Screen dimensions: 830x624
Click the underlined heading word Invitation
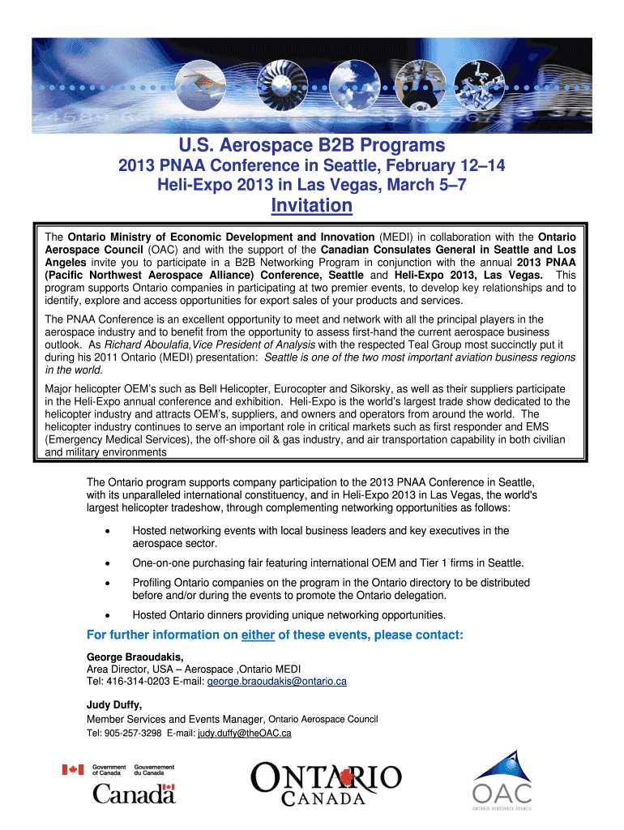[x=311, y=206]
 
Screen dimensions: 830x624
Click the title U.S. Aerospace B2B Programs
[x=312, y=145]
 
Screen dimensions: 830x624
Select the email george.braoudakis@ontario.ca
[x=277, y=682]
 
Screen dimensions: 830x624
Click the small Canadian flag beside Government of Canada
[x=73, y=769]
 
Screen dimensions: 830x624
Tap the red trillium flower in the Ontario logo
[x=349, y=777]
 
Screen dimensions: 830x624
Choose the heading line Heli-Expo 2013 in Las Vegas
[x=312, y=186]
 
